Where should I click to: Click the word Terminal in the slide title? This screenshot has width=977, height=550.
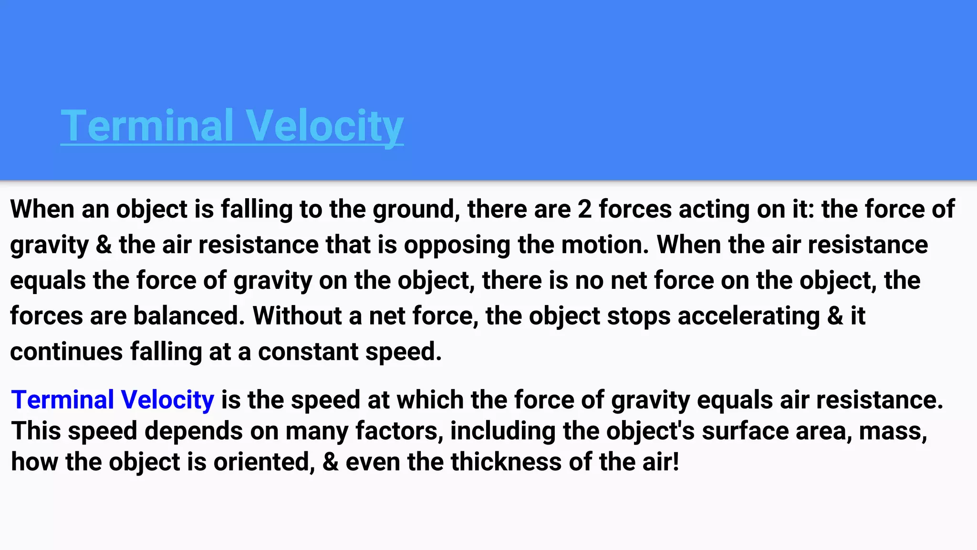tap(147, 125)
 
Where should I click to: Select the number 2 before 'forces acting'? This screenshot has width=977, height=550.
tap(584, 209)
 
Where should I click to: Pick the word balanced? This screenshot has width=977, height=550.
tap(189, 316)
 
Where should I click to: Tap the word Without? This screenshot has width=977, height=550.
tap(297, 316)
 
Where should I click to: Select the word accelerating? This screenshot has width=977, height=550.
tap(748, 316)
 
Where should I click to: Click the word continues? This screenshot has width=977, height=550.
tap(66, 351)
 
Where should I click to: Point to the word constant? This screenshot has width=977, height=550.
tap(308, 351)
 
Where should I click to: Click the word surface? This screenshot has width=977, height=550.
tap(745, 431)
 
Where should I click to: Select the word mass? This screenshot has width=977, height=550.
tap(893, 431)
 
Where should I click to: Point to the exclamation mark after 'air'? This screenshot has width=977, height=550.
tap(676, 462)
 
